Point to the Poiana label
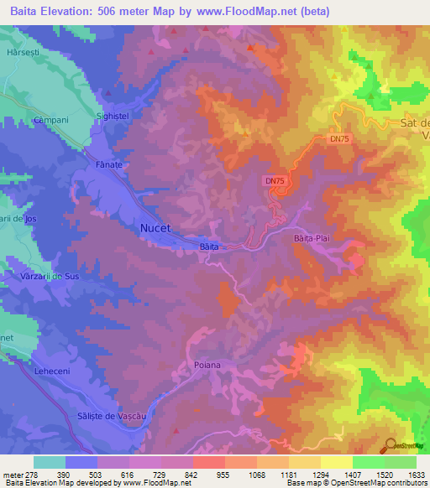pyautogui.click(x=206, y=365)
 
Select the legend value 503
pyautogui.click(x=81, y=475)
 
